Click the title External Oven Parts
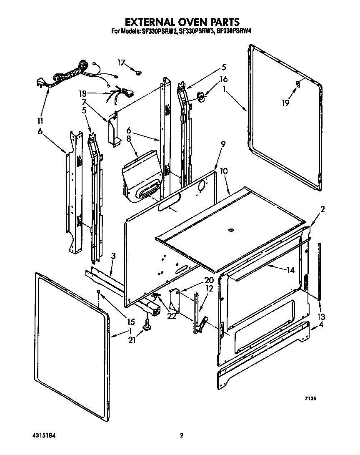click(180, 21)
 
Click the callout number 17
click(121, 63)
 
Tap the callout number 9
click(223, 145)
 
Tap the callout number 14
click(290, 270)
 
